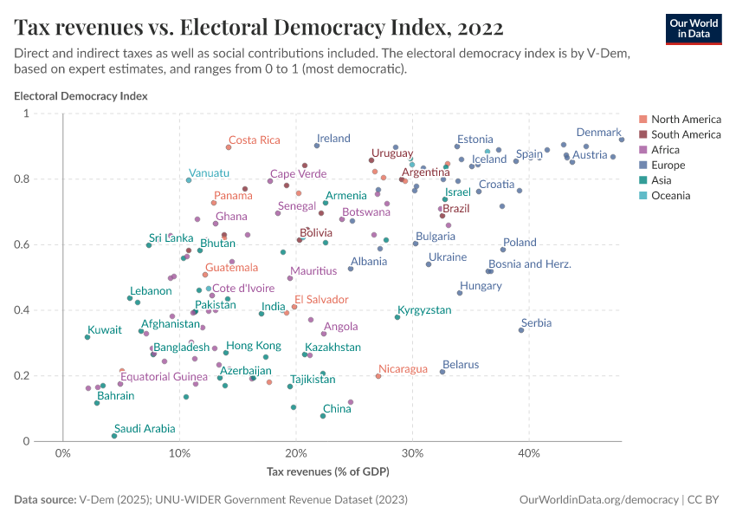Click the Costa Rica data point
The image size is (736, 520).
[x=229, y=147]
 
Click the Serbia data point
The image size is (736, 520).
[x=521, y=330]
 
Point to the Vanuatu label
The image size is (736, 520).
[x=209, y=172]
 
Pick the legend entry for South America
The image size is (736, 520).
[x=686, y=134]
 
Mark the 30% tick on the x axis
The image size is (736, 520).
[x=413, y=452]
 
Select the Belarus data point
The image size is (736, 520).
[x=442, y=372]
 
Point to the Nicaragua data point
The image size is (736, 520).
[x=378, y=376]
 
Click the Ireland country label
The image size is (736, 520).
[x=333, y=138]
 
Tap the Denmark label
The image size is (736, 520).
[x=599, y=133]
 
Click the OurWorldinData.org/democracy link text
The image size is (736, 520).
[x=597, y=500]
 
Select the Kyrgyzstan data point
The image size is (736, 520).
[x=397, y=317]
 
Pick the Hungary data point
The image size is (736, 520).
[x=460, y=293]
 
